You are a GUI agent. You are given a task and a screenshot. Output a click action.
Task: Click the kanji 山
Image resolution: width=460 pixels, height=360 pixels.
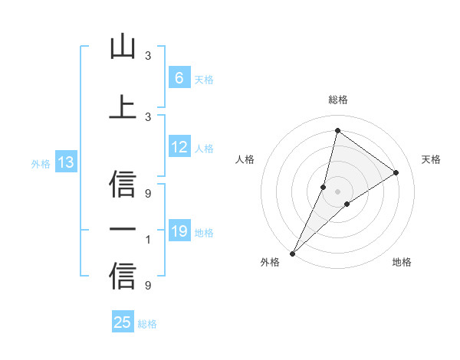(x=123, y=47)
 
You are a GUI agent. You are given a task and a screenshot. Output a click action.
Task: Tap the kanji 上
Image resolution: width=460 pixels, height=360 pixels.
(x=123, y=107)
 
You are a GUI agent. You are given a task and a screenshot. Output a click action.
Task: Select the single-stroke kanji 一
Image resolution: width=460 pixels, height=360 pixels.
(x=123, y=230)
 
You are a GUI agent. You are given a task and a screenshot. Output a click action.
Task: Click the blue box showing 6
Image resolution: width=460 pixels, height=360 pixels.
(x=179, y=78)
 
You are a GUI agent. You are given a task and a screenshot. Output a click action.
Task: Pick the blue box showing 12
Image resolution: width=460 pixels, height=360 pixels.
(x=179, y=147)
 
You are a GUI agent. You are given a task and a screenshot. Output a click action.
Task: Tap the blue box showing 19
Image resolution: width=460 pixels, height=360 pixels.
(x=179, y=231)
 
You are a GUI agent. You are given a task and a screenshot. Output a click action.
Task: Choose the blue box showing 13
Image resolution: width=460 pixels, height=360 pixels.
(x=65, y=162)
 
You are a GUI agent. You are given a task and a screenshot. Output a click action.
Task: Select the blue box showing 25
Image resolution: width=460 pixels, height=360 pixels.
(x=122, y=322)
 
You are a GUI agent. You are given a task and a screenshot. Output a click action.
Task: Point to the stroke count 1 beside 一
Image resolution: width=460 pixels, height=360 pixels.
(x=148, y=241)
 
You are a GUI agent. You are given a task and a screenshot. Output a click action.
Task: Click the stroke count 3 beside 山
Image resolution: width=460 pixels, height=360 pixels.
(x=148, y=56)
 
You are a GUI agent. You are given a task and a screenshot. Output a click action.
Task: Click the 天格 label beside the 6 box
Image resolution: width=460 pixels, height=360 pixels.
(x=204, y=79)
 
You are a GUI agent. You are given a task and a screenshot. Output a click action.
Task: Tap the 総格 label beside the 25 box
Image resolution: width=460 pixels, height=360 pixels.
(x=147, y=323)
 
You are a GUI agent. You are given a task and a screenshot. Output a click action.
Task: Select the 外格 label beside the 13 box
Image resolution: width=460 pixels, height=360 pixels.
(x=41, y=163)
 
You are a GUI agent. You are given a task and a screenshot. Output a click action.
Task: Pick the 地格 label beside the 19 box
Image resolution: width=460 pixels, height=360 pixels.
(x=204, y=232)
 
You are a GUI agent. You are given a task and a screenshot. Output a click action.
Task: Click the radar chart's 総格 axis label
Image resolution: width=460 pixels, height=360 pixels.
(x=337, y=100)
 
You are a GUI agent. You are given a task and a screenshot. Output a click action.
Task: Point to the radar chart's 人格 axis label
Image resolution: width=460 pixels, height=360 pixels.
(x=245, y=159)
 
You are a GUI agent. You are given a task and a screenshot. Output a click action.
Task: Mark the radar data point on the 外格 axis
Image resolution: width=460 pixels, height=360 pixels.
(x=292, y=253)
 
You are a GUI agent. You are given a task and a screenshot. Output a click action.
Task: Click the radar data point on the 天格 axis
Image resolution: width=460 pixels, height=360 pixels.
(x=396, y=172)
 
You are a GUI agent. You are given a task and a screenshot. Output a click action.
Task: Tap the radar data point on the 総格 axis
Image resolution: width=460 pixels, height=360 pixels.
(x=337, y=130)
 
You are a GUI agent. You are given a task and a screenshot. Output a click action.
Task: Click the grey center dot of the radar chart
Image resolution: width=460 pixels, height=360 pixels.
(x=337, y=191)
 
